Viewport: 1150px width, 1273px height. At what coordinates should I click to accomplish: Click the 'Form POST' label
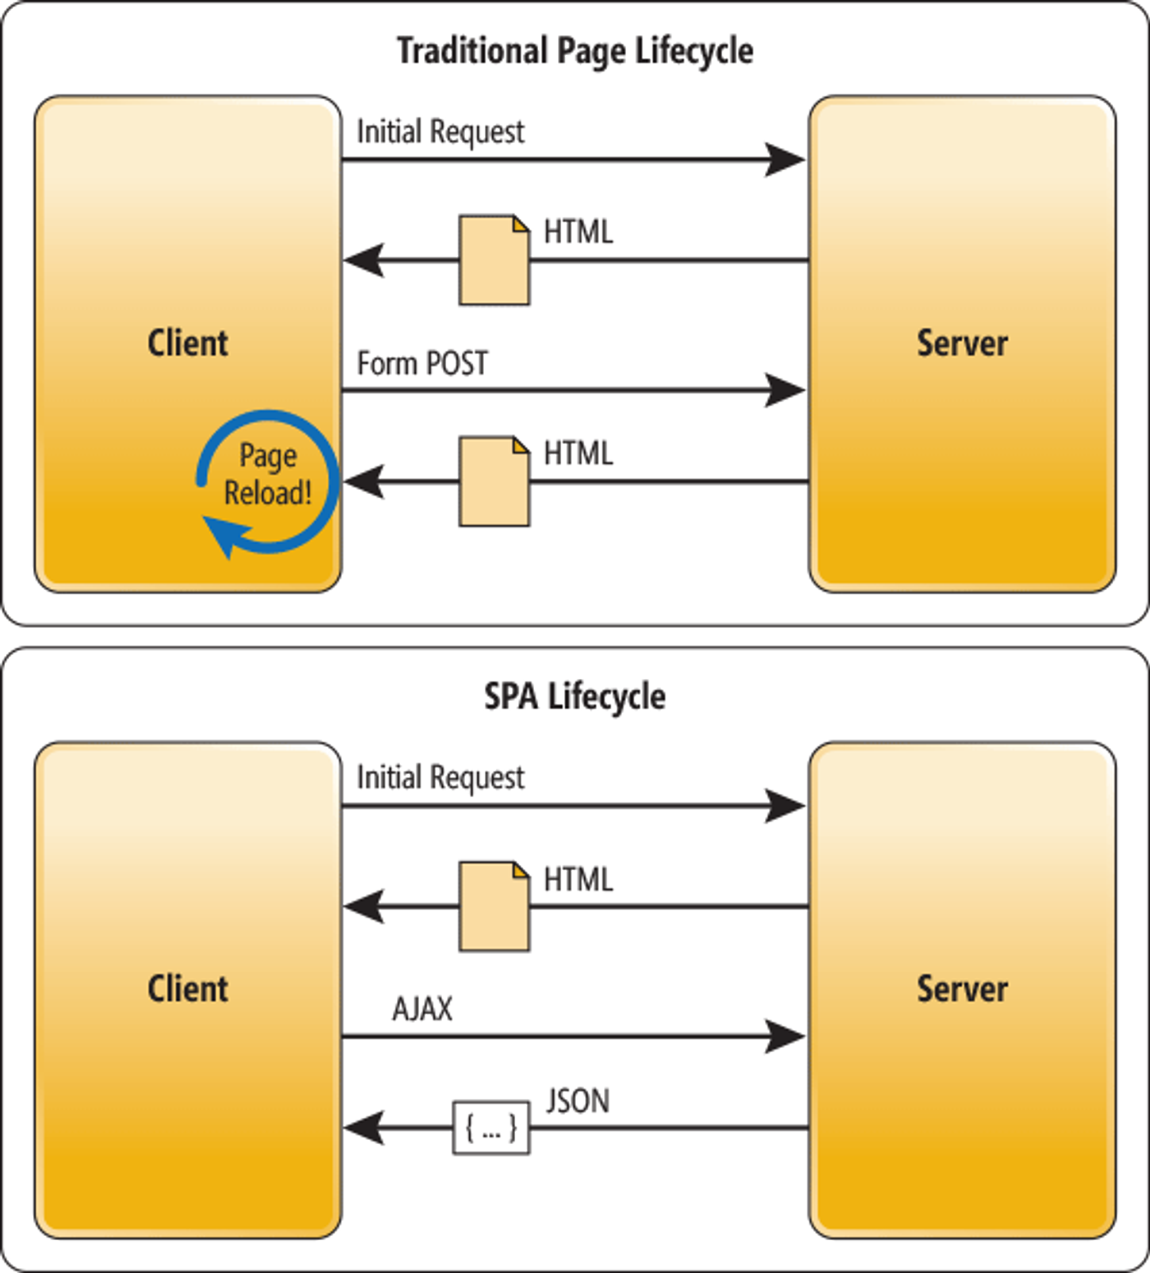[423, 364]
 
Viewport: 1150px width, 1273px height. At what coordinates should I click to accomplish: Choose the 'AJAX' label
[423, 1009]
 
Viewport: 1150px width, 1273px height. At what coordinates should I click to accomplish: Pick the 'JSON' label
[577, 1101]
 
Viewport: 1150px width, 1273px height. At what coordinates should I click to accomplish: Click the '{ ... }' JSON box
[492, 1128]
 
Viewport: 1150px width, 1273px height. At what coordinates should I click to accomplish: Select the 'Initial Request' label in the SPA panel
[440, 778]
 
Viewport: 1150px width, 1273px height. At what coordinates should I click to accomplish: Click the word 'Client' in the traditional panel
[187, 344]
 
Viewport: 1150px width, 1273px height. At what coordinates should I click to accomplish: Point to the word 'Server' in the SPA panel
[963, 989]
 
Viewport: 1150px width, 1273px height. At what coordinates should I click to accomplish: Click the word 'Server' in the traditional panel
[963, 344]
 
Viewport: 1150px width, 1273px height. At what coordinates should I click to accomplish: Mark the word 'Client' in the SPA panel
[187, 989]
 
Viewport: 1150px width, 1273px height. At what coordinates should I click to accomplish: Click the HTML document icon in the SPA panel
[494, 906]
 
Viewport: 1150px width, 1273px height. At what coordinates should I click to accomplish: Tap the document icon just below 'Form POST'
[494, 481]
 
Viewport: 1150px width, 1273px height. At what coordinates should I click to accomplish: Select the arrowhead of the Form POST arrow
[785, 390]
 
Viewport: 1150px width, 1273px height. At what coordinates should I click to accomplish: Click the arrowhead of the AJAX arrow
[785, 1036]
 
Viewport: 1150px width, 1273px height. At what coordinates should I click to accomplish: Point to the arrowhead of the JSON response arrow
[364, 1128]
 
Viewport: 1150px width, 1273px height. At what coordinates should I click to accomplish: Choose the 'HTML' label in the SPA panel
[578, 880]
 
